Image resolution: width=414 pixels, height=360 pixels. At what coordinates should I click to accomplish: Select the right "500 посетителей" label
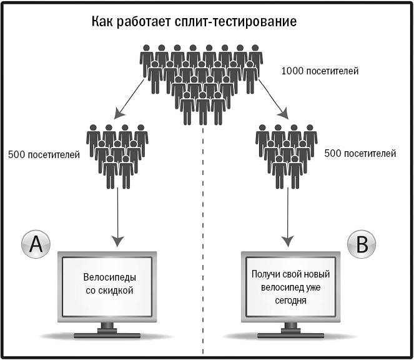point(361,152)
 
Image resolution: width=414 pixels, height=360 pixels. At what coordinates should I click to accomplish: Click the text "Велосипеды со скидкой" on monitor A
point(109,284)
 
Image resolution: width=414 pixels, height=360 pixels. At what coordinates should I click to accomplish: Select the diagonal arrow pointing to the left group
point(127,100)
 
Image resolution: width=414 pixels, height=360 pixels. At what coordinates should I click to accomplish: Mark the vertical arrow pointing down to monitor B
point(288,216)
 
